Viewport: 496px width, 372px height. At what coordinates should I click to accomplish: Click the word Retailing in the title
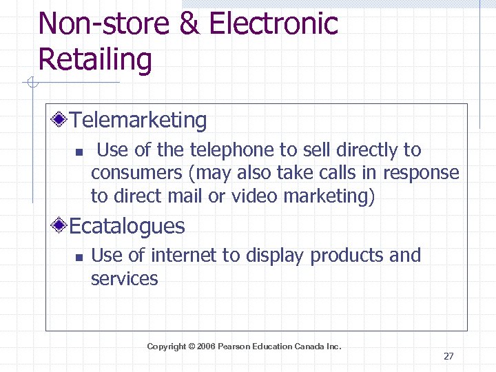(x=95, y=59)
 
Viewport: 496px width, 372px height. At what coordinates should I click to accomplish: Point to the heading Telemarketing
(x=138, y=121)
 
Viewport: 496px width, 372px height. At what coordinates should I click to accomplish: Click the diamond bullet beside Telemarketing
(x=61, y=121)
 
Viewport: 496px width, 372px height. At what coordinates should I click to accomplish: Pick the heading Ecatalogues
(x=127, y=226)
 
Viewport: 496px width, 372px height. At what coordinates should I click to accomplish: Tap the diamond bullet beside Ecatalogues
(x=61, y=226)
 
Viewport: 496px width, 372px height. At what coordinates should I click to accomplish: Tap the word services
(x=125, y=279)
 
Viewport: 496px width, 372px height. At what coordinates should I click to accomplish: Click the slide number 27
(x=448, y=356)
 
